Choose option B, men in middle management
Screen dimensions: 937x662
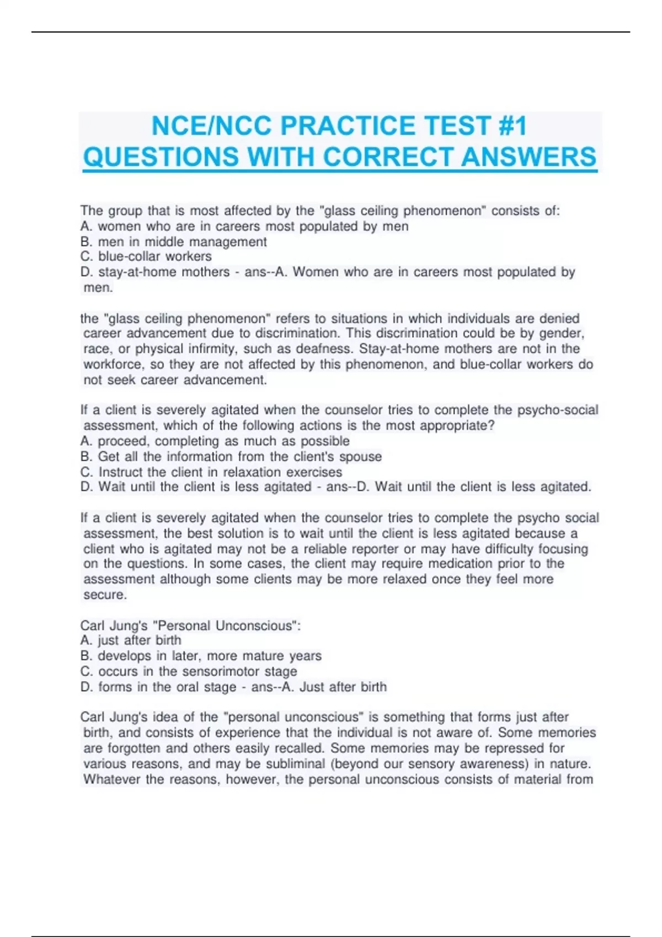click(x=173, y=242)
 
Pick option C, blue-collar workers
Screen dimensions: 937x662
click(x=146, y=257)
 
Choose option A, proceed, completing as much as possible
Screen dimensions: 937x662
click(x=215, y=441)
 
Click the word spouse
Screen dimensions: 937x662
click(x=360, y=456)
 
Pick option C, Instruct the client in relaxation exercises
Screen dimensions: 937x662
click(x=211, y=472)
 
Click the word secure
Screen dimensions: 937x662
click(x=105, y=595)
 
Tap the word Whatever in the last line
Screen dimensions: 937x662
click(x=112, y=779)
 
